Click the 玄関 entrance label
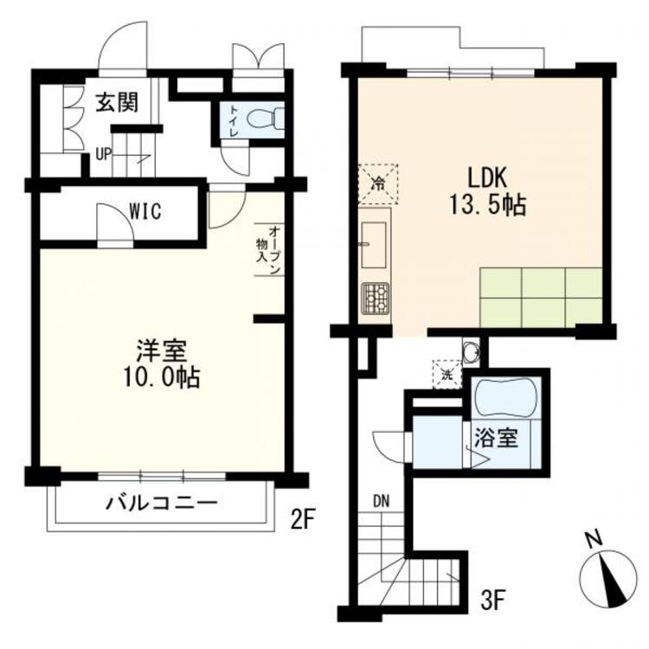pyautogui.click(x=117, y=103)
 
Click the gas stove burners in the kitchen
pyautogui.click(x=376, y=298)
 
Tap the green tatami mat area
pyautogui.click(x=540, y=297)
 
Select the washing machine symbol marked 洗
pyautogui.click(x=447, y=375)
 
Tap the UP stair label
pyautogui.click(x=103, y=157)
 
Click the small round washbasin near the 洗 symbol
pyautogui.click(x=470, y=351)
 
